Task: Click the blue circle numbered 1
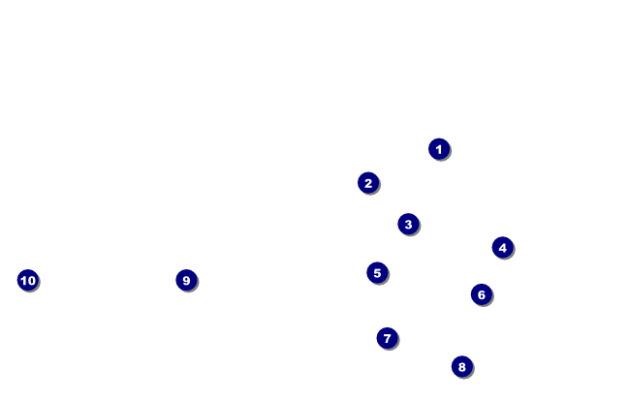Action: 439,148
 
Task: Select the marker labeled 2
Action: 368,182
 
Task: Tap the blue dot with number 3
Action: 408,224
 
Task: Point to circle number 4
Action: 502,247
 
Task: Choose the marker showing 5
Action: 377,272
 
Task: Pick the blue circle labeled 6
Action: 482,294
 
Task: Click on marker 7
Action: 387,338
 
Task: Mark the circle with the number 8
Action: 461,366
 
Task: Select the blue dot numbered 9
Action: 186,280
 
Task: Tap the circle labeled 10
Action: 27,280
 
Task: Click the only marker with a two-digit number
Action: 27,280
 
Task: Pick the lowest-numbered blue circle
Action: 439,148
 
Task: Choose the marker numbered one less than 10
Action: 186,280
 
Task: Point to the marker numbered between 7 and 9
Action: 461,366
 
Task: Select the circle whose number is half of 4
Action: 368,182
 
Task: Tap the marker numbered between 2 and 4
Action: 408,224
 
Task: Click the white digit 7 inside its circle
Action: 387,338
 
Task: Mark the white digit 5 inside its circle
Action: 377,272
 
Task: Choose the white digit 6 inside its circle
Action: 482,294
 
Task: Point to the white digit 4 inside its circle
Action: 502,247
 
